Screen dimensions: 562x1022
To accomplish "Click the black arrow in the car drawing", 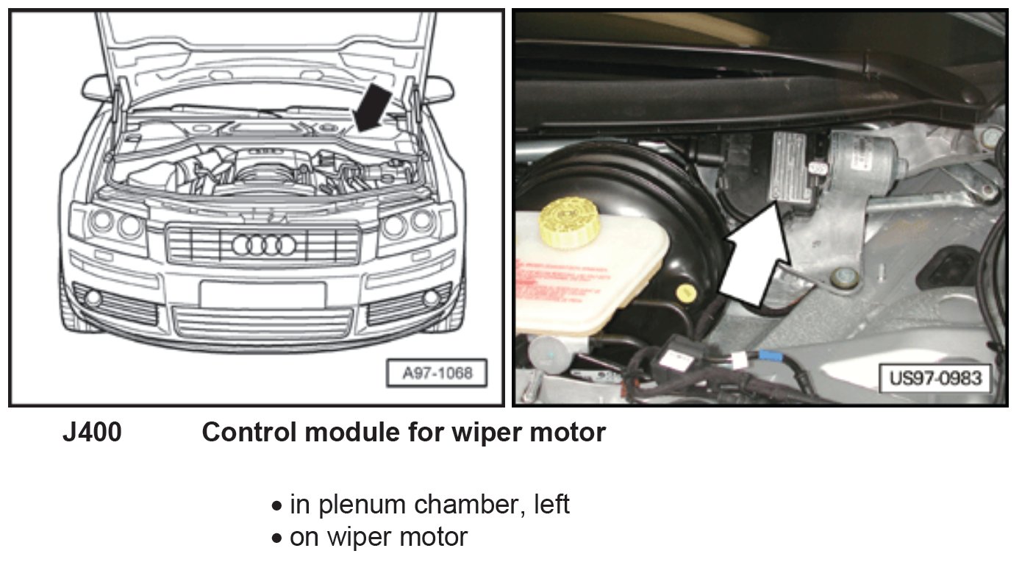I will coord(378,105).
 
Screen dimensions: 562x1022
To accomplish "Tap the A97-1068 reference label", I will coord(437,373).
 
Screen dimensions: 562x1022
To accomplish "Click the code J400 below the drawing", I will coord(92,433).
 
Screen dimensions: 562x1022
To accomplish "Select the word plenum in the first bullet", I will coord(362,505).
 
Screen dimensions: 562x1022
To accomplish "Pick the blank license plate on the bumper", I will coord(262,294).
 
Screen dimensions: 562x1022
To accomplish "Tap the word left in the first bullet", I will coord(549,505).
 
